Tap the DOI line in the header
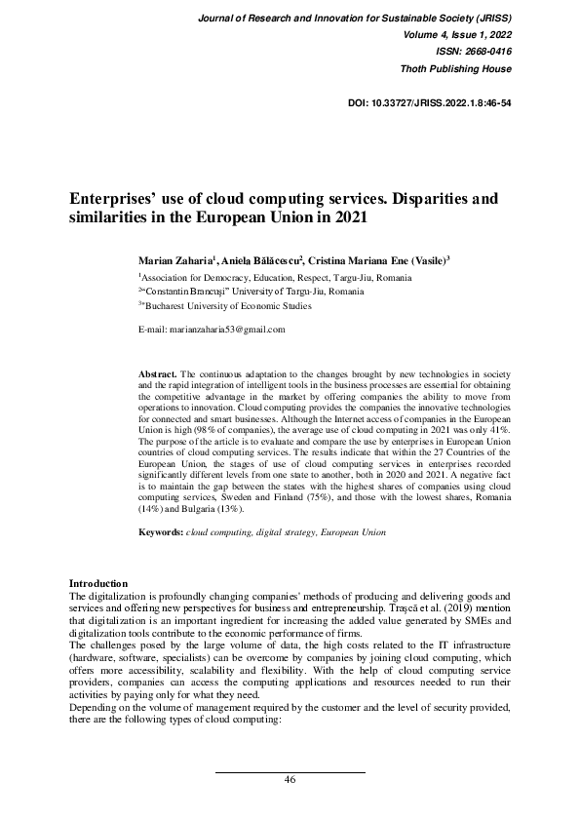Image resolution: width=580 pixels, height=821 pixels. coord(430,101)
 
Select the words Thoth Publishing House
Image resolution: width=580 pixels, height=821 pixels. coord(456,69)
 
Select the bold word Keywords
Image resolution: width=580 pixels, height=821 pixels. coord(161,533)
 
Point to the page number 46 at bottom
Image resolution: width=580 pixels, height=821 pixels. coord(290,780)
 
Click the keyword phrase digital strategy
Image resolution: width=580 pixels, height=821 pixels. coord(281,533)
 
